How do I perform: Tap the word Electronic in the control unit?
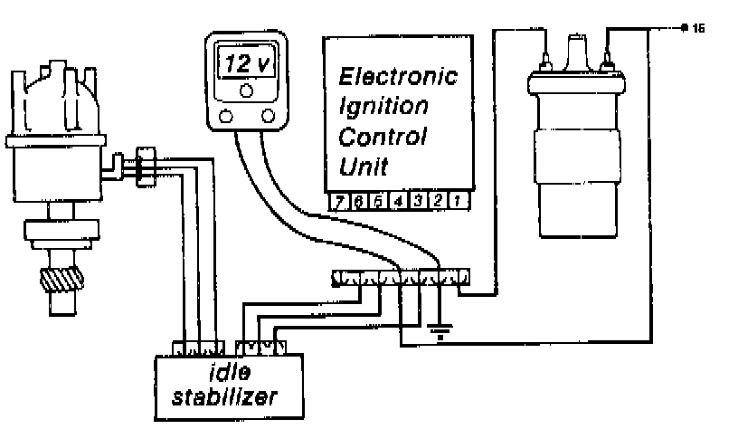pos(397,75)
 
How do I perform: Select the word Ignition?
pos(383,106)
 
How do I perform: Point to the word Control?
pos(382,137)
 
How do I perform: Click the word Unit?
pos(363,167)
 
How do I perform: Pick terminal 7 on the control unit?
pos(338,202)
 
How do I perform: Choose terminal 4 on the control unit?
pos(398,202)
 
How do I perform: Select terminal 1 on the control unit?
pos(458,202)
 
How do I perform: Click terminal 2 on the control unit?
pos(438,202)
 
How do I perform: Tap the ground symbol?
pos(440,334)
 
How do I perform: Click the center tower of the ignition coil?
pos(575,50)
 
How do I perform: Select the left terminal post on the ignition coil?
pos(545,62)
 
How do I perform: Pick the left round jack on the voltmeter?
pos(226,116)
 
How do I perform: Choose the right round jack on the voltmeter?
pos(268,116)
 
